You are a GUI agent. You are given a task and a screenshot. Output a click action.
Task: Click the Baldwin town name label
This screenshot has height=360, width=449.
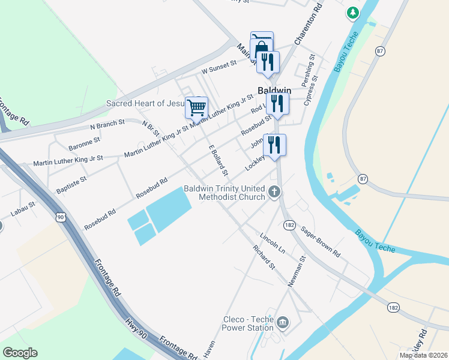(x=274, y=91)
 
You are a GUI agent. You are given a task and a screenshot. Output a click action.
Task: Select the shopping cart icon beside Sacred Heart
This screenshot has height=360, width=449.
(x=197, y=108)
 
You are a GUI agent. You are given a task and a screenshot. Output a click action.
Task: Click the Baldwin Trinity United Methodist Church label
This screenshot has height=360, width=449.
(x=224, y=193)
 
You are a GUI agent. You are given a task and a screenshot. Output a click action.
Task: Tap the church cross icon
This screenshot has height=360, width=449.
(x=274, y=192)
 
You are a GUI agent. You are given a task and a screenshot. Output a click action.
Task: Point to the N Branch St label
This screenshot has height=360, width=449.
(x=107, y=124)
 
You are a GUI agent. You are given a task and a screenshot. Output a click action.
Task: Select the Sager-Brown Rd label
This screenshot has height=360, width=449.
(x=321, y=241)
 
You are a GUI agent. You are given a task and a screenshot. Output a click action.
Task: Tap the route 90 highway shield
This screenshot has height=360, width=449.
(x=61, y=217)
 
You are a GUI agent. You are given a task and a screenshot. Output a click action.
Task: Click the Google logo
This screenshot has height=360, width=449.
(x=20, y=353)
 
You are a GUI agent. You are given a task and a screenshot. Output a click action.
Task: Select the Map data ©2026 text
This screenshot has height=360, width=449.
(x=423, y=355)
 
